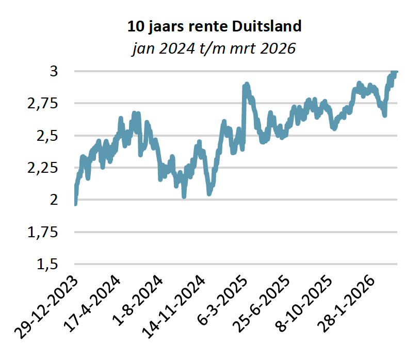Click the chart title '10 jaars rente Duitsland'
coord(214,26)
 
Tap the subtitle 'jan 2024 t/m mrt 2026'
coord(214,48)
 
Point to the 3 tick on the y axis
coord(54,71)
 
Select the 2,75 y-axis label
coord(43,104)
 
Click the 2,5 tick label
coord(47,136)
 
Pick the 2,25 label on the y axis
coord(43,168)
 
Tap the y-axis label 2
coord(54,200)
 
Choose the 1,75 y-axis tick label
coord(43,232)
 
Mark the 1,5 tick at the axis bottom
coord(47,265)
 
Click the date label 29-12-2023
coord(46,307)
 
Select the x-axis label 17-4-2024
coord(92,304)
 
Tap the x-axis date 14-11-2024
coord(173,307)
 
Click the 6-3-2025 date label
coord(222,300)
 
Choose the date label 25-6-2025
coord(261,304)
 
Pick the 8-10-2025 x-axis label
coord(303,304)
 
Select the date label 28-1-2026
coord(346,304)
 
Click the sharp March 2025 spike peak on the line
coord(247,84)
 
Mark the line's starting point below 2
coord(75,204)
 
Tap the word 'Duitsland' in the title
coord(267,26)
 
